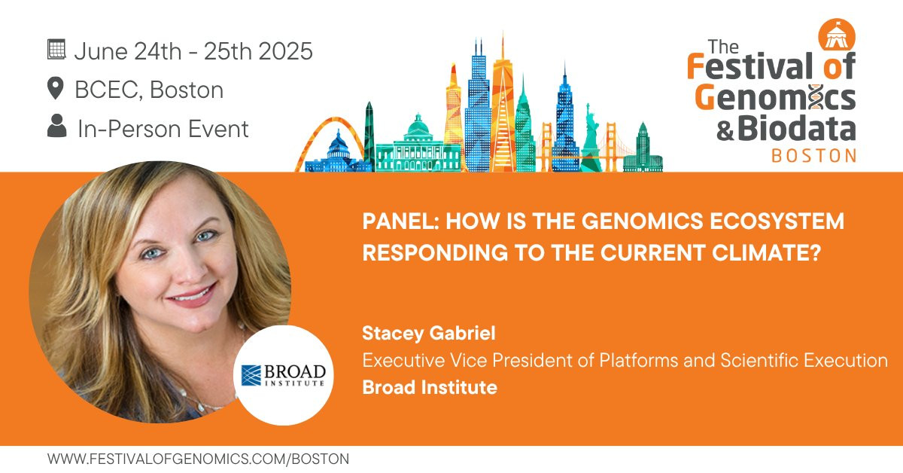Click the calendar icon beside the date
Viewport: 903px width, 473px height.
tap(56, 50)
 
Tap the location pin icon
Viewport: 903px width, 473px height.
tap(55, 88)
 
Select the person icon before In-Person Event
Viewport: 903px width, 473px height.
tap(57, 126)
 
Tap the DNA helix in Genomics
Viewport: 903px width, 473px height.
tap(816, 97)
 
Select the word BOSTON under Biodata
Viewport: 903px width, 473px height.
tap(814, 156)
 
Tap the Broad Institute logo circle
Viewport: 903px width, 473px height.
tap(284, 375)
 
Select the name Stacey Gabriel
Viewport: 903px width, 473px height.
tap(428, 334)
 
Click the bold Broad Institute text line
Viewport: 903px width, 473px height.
tap(430, 387)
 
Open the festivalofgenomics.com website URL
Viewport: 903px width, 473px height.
tap(199, 459)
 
